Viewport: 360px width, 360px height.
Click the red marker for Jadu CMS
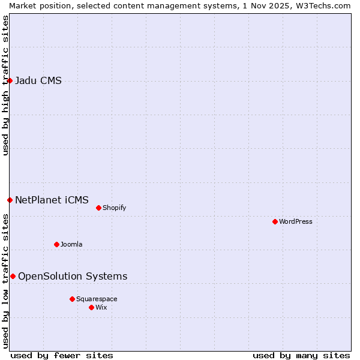pos(10,80)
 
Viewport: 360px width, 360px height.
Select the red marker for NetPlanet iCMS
pos(10,200)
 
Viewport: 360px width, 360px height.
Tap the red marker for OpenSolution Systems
pos(13,276)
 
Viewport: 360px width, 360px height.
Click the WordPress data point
pos(275,221)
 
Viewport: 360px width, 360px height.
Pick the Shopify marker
pos(98,208)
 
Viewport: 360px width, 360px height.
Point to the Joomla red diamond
pos(56,244)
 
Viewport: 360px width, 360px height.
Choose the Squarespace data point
pos(72,299)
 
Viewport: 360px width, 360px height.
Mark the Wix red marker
pos(91,307)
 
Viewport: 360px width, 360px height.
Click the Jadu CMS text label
pos(38,81)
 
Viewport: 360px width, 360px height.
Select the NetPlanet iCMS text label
pos(52,200)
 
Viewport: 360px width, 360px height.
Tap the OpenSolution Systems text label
pos(73,276)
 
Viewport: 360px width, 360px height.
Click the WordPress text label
pos(296,221)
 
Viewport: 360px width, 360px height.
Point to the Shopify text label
pos(115,208)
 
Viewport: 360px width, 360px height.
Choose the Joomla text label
pos(71,244)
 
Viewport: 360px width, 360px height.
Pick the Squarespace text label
pos(97,299)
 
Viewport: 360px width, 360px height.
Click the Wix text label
pos(101,307)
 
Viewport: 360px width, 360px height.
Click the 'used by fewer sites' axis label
pos(62,355)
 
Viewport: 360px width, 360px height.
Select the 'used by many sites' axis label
pos(301,355)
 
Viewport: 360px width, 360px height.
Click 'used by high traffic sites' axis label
pos(5,85)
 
